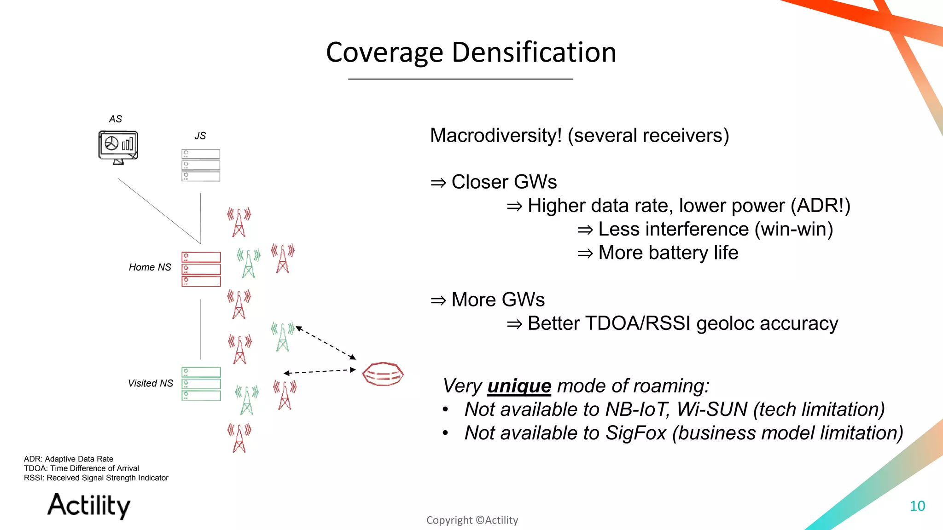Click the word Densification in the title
[x=534, y=52]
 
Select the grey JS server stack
[x=201, y=165]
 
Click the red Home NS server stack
[x=201, y=269]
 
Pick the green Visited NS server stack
[x=201, y=384]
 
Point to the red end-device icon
[x=383, y=374]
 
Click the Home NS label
[x=150, y=267]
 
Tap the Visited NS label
[x=150, y=383]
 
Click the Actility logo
[x=89, y=505]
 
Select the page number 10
[x=917, y=506]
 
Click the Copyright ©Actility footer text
[x=472, y=520]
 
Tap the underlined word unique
[x=519, y=386]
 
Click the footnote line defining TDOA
[x=81, y=468]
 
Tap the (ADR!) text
[x=820, y=206]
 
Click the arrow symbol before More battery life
[x=585, y=253]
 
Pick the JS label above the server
[x=200, y=136]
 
